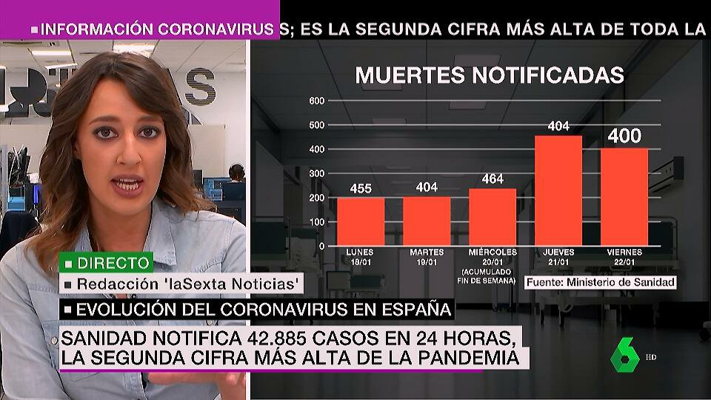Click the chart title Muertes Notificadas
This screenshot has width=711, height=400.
coord(490,76)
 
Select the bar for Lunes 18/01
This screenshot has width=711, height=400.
coord(361,221)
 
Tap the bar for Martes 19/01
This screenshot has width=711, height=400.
coord(426,221)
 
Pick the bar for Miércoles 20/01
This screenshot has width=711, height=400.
coord(493,217)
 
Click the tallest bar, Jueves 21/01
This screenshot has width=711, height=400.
coord(558,190)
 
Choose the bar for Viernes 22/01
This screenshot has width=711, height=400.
coord(624,197)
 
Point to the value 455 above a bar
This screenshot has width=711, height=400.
coord(361,188)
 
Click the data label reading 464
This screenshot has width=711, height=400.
coord(493,179)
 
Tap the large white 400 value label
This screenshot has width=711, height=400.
coord(624,137)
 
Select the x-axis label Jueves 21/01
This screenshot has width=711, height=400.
coord(558,256)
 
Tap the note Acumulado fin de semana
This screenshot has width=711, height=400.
coord(493,276)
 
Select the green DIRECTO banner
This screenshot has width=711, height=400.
coord(97,262)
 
